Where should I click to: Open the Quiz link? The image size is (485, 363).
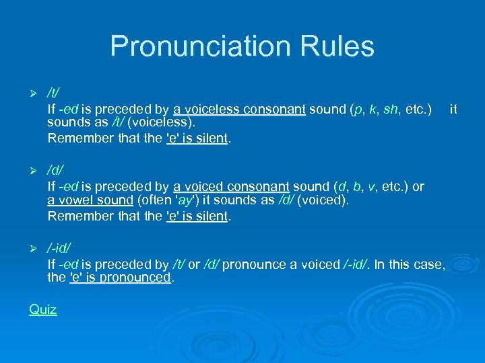pos(42,309)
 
